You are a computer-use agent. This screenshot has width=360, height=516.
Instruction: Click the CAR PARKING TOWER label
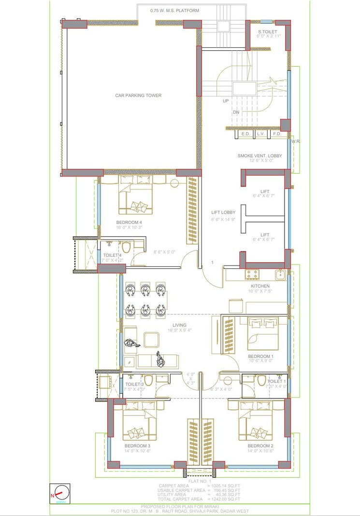[138, 96]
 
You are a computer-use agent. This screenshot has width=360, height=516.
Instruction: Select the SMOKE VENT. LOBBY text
[259, 156]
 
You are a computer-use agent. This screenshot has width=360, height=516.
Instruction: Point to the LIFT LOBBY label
[223, 212]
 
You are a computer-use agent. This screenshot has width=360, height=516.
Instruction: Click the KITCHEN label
[260, 286]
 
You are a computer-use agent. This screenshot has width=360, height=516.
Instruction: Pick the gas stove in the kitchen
[252, 274]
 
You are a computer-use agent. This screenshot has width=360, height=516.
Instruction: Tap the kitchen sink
[280, 275]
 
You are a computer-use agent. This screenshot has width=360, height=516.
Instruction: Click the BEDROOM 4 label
[129, 222]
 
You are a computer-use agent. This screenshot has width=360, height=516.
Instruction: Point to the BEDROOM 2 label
[260, 445]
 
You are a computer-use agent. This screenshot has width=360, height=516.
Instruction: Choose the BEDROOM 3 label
[137, 445]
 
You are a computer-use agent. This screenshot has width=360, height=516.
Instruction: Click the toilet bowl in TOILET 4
[126, 248]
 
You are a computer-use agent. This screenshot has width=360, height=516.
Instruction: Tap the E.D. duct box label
[245, 133]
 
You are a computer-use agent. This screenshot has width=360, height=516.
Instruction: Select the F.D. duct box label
[277, 133]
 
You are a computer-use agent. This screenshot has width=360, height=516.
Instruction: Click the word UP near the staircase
[226, 101]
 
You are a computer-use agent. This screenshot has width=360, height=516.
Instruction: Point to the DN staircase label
[236, 112]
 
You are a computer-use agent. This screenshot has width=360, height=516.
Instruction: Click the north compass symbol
[60, 494]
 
